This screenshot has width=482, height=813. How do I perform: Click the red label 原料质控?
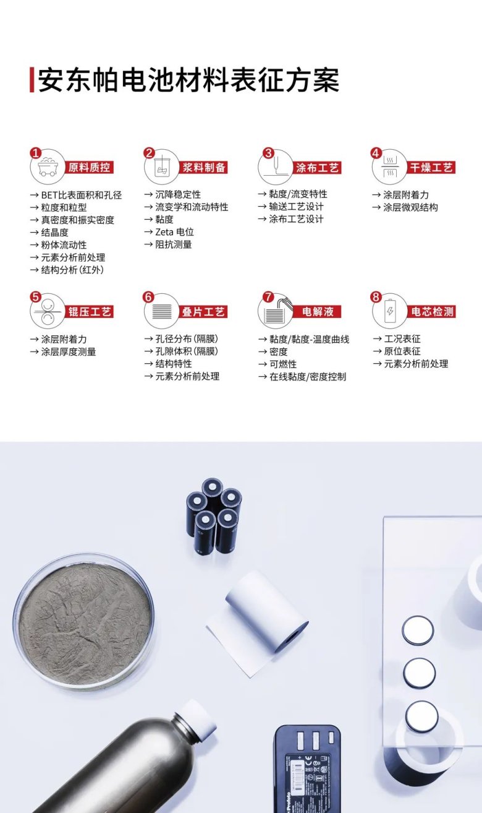pos(89,167)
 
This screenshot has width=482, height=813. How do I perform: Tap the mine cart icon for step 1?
pos(48,167)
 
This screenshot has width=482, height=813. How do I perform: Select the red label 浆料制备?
pos(204,167)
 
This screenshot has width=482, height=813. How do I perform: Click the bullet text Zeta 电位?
pos(174,232)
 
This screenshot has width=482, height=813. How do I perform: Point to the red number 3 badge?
pos(268,153)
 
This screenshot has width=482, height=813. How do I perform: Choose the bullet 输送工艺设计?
pos(296,207)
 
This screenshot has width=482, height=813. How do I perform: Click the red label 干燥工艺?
pos(431,167)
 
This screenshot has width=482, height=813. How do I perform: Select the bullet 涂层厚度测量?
pos(69,351)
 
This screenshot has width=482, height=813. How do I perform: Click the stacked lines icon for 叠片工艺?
pos(162,312)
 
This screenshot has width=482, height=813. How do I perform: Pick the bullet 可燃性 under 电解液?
pos(283,364)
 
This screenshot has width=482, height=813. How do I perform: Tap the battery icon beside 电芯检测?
pos(390,311)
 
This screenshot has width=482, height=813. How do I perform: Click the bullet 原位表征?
pos(402,351)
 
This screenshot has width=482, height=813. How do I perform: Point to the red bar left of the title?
pos(32,79)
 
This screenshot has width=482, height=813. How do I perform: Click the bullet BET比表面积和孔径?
pos(81,195)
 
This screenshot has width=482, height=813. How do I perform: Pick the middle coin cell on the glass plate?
pos(420,673)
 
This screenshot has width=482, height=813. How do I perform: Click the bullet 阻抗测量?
pos(174,244)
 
